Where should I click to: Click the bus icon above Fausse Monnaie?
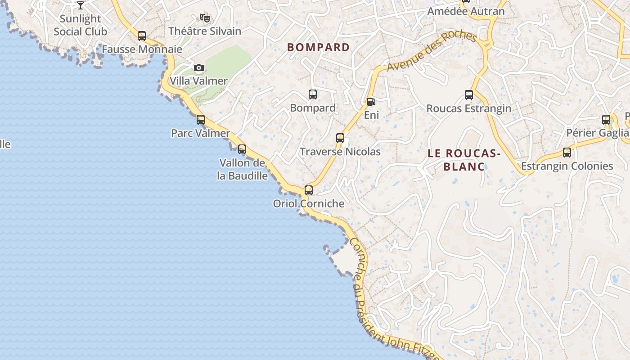point(142,36)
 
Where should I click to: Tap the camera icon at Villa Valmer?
point(198,68)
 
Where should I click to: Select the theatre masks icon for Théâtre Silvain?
point(205,18)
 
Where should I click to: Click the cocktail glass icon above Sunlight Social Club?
point(81,5)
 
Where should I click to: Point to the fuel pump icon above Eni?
point(371,102)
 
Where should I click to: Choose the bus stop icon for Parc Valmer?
point(201,120)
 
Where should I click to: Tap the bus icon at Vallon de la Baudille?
point(242,149)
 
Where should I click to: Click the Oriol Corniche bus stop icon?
point(308,190)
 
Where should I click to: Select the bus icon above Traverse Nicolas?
point(340,138)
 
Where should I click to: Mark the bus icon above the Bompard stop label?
point(313,94)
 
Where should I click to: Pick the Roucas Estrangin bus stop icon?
point(469,95)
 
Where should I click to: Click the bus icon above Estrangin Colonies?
point(567,153)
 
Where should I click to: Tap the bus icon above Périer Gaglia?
point(606,120)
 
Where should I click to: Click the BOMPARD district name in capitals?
point(319,47)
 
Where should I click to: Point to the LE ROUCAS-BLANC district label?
point(464,160)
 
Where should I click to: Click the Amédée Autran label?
point(466,12)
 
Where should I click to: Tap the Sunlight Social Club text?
point(81,25)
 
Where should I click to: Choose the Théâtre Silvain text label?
point(205,31)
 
